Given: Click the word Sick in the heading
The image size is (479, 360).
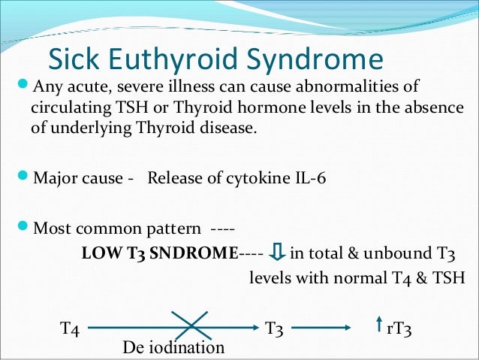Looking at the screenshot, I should pyautogui.click(x=74, y=59).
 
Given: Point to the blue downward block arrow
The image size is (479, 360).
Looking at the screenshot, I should pyautogui.click(x=276, y=253).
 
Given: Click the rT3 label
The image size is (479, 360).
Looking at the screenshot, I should pyautogui.click(x=399, y=328).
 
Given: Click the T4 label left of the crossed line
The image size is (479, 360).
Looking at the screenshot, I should pyautogui.click(x=70, y=328).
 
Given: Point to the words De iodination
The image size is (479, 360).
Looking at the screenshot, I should pyautogui.click(x=173, y=348).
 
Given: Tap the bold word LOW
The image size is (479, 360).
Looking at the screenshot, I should pyautogui.click(x=97, y=253).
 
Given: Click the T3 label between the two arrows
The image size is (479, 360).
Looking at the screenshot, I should pyautogui.click(x=276, y=328).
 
